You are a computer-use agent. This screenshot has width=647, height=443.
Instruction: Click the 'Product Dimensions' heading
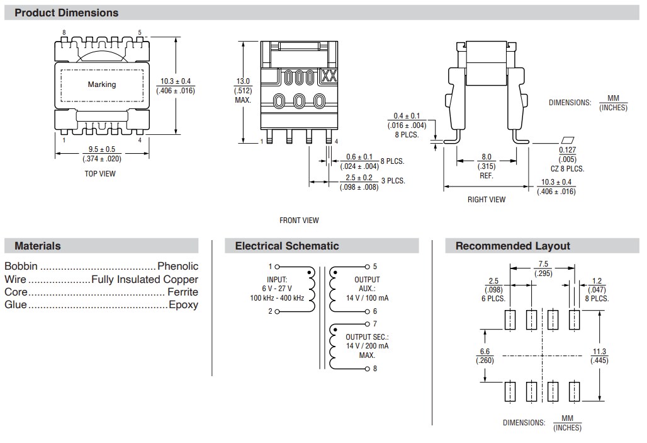[66, 13]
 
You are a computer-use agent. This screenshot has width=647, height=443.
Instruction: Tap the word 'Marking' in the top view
[101, 84]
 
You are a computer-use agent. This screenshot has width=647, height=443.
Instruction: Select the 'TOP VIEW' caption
[100, 174]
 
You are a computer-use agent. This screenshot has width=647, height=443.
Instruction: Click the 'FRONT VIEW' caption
[299, 221]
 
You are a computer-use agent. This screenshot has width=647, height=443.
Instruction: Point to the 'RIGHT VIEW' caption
[487, 200]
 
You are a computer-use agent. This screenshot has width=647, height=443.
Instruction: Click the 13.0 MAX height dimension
[243, 81]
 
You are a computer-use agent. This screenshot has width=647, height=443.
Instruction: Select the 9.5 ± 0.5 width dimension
[101, 149]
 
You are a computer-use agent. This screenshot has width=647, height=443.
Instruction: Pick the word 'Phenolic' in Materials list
[177, 267]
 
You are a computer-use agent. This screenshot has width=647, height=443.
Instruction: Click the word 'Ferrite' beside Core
[183, 292]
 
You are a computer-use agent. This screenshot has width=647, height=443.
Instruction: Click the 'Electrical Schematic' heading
[286, 246]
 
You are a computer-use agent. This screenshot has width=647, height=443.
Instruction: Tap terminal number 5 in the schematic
[375, 267]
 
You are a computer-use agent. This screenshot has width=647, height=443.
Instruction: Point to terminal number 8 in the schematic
[375, 369]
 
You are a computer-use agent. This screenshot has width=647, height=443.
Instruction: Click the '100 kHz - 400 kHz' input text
[277, 297]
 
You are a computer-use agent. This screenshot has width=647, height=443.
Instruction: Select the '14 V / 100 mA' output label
[367, 297]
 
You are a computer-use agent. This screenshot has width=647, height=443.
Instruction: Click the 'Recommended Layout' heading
[512, 246]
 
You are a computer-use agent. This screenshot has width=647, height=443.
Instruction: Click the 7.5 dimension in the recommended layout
[543, 265]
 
